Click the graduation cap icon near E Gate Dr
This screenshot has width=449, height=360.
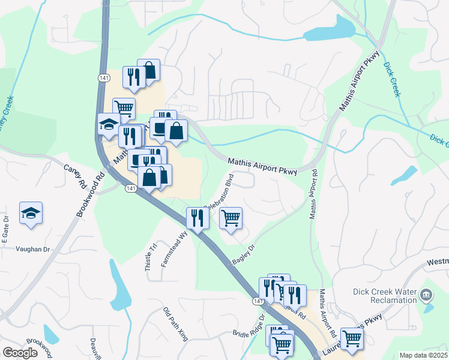[x=31, y=213]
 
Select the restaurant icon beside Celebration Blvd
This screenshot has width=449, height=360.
[x=197, y=218]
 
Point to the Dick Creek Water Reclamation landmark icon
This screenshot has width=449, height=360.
[x=426, y=295]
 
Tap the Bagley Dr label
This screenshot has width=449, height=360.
[x=244, y=255]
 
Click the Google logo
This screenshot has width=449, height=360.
[x=20, y=353]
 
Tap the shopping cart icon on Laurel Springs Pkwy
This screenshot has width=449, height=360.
[x=352, y=337]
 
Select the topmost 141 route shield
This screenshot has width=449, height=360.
[x=104, y=78]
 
